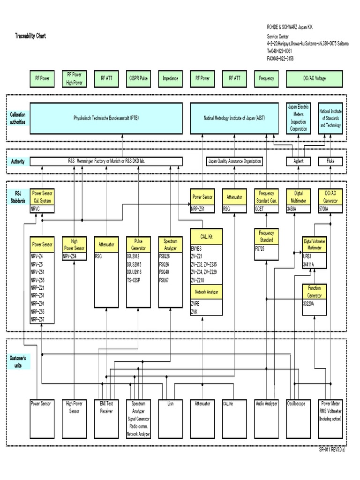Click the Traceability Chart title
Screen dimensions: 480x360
click(x=30, y=36)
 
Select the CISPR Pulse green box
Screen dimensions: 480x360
click(x=138, y=79)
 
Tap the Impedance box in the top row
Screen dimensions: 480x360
click(x=170, y=79)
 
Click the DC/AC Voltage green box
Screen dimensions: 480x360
click(x=314, y=79)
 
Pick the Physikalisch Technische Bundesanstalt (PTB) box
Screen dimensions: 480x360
click(x=106, y=118)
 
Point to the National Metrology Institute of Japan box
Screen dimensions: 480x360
click(x=234, y=118)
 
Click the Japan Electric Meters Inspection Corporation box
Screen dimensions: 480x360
click(x=298, y=118)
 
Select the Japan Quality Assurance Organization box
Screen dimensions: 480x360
click(x=234, y=161)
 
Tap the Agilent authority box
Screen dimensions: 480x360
click(x=298, y=161)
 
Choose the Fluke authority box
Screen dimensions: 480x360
click(x=330, y=161)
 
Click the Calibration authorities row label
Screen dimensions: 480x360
click(x=18, y=118)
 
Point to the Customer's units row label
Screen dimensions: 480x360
click(x=18, y=361)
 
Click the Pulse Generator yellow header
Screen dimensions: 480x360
click(x=138, y=244)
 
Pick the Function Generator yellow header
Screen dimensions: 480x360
click(x=315, y=292)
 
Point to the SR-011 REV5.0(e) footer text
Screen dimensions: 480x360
click(x=332, y=449)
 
